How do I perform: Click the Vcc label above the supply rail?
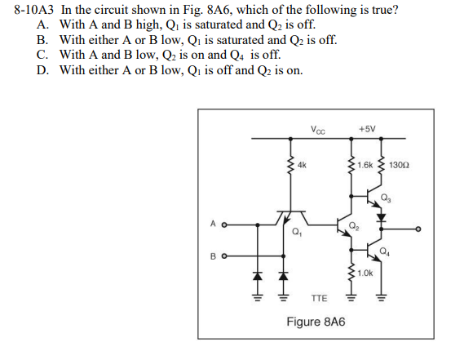click(x=318, y=130)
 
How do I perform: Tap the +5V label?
click(x=367, y=129)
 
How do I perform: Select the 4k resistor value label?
click(x=302, y=165)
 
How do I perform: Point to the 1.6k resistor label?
click(x=365, y=165)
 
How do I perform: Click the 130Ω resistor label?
click(x=399, y=165)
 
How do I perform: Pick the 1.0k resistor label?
click(x=365, y=273)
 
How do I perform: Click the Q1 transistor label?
click(x=297, y=232)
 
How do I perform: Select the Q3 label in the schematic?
click(x=386, y=198)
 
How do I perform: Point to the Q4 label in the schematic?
click(x=384, y=251)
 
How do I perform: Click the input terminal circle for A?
click(x=224, y=225)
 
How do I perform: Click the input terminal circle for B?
click(x=224, y=256)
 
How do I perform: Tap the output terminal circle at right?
click(x=418, y=229)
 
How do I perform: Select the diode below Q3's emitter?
click(x=382, y=217)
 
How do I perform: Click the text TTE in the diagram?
click(x=319, y=299)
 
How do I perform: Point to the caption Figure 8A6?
click(x=316, y=322)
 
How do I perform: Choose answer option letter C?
click(x=42, y=55)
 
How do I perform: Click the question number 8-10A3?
click(x=33, y=10)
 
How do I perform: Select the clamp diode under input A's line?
click(x=257, y=276)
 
